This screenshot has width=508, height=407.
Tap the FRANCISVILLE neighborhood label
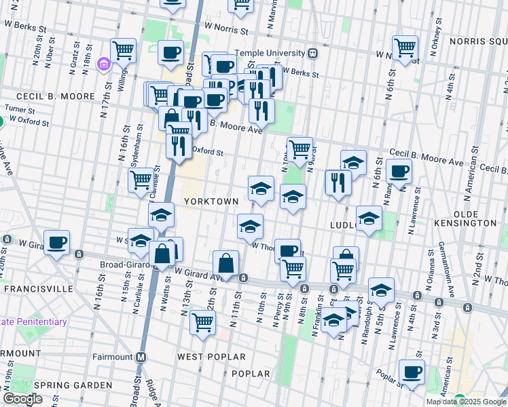tap(38, 288)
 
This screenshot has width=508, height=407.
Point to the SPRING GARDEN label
tap(73, 385)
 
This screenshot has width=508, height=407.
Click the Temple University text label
tap(270, 53)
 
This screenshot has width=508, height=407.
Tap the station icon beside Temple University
tap(312, 53)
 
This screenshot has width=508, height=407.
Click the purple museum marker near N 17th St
tap(104, 65)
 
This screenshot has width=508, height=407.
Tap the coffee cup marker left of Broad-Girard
tap(57, 242)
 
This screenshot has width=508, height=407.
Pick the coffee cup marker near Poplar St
tap(412, 372)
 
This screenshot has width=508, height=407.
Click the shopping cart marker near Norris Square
tap(405, 47)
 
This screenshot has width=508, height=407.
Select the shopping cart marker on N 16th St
tap(141, 180)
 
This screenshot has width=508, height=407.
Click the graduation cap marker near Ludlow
tap(369, 218)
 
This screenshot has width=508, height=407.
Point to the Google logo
tap(22, 399)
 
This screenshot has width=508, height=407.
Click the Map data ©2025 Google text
tap(465, 402)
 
